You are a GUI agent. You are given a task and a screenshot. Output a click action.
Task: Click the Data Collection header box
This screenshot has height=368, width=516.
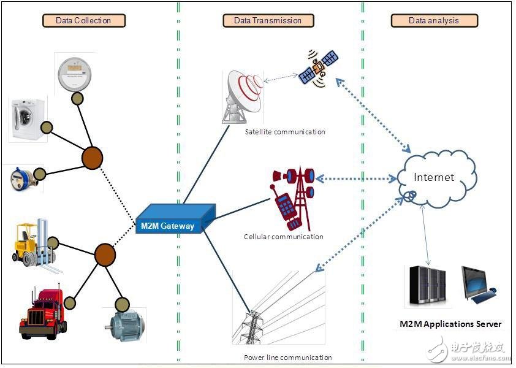(84, 20)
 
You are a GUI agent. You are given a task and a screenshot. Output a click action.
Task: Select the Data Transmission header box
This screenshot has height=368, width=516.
(268, 20)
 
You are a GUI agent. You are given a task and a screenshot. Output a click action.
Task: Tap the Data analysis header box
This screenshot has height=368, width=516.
(434, 20)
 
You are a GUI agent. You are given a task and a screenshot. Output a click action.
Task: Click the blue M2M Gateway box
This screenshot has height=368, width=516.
(176, 219)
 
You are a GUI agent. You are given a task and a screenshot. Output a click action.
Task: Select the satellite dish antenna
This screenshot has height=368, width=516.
(243, 97)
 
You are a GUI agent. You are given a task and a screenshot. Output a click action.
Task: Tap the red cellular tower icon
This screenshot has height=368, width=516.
(292, 199)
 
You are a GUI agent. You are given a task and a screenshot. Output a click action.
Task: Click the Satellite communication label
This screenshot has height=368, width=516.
(285, 132)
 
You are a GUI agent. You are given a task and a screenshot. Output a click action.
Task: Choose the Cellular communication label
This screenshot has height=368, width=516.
(284, 237)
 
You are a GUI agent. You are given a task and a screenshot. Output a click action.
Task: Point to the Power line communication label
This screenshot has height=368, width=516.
(288, 358)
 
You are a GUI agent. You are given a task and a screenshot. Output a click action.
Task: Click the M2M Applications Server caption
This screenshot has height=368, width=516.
(450, 324)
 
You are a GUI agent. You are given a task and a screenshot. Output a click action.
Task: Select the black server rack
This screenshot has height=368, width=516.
(428, 286)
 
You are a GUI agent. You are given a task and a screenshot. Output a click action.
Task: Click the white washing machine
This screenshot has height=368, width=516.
(28, 119)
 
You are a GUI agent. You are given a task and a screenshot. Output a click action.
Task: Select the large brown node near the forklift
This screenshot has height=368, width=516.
(105, 255)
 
